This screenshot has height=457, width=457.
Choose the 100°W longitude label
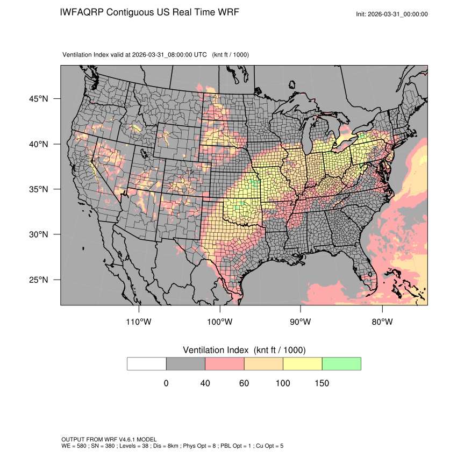pos(220,322)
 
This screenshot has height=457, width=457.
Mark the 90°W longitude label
pos(301,322)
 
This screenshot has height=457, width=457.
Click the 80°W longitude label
pos(382,322)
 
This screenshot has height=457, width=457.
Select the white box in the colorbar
pos(147,363)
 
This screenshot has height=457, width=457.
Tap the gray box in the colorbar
pos(185,363)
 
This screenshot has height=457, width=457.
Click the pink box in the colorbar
pos(225,363)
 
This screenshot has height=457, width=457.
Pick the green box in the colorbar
pos(341,363)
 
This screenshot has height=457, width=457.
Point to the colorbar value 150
pos(322,383)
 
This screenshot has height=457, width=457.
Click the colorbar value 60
pos(244,383)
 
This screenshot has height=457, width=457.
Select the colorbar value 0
pos(166,383)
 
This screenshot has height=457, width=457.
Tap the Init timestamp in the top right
pos(392,14)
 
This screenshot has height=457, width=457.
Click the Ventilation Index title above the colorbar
pos(244,350)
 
